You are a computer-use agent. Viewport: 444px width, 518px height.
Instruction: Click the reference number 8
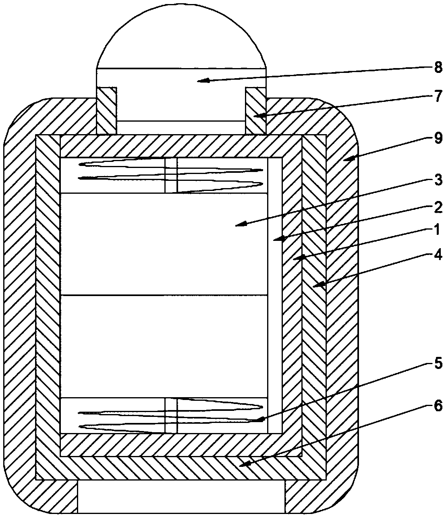[x=438, y=67]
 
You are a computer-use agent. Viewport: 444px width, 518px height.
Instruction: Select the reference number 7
[x=438, y=98]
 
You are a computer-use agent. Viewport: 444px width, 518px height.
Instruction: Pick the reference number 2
[x=438, y=208]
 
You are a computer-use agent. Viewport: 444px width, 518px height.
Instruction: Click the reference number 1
[x=438, y=231]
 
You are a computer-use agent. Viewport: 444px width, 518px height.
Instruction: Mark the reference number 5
[x=438, y=363]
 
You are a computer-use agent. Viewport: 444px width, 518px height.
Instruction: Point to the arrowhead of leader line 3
[x=237, y=225]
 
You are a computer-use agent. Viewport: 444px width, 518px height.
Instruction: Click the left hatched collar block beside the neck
[x=106, y=110]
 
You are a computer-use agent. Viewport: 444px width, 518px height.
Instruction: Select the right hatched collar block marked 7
[x=256, y=110]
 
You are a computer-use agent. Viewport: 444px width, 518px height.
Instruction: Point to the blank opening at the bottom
[x=181, y=497]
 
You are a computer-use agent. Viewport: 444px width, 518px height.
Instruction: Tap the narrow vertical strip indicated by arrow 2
[x=275, y=294]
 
